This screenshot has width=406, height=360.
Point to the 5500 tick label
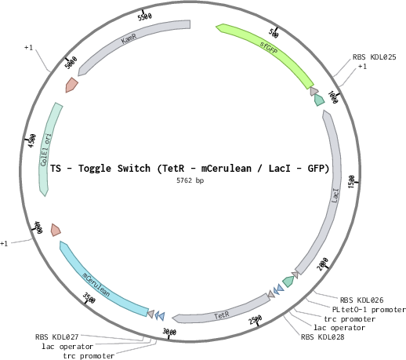click(145, 16)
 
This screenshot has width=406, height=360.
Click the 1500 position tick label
click(352, 182)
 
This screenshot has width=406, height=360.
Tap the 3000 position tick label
click(169, 332)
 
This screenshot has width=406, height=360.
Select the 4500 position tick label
click(32, 140)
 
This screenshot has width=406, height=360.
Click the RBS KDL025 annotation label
click(374, 57)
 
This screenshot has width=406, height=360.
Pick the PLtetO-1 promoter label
click(369, 310)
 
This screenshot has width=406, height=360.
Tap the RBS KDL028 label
click(323, 337)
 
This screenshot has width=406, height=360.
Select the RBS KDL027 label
click(57, 337)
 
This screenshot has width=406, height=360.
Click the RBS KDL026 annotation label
click(362, 300)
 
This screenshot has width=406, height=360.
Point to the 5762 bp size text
click(190, 180)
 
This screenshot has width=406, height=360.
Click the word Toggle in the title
click(95, 168)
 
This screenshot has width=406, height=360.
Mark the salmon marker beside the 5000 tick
click(71, 85)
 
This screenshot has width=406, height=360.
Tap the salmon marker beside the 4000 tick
click(56, 230)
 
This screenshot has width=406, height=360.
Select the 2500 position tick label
click(256, 320)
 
